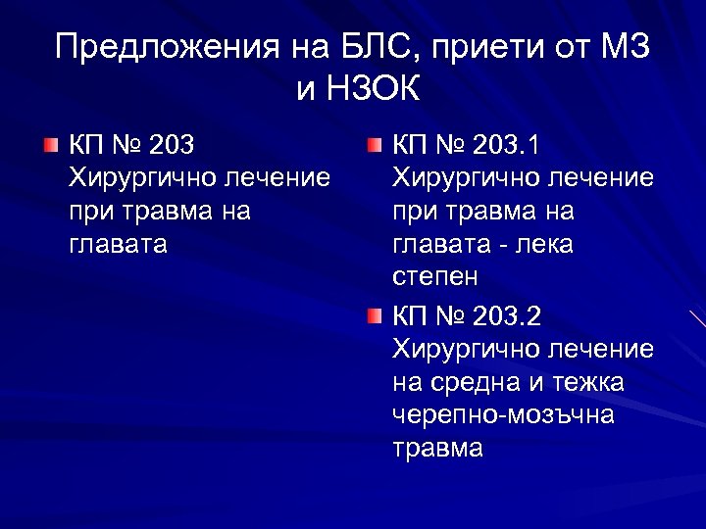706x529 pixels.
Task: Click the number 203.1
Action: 506,147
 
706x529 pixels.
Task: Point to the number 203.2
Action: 506,316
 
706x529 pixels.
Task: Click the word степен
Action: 435,277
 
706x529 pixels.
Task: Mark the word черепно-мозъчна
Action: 503,415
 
